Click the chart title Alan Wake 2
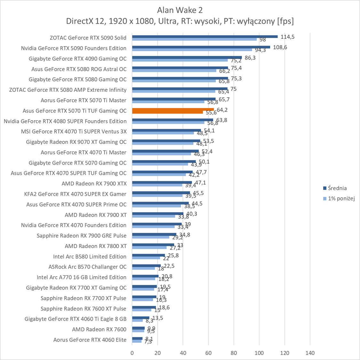pyautogui.click(x=180, y=10)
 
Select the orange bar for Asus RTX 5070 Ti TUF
pyautogui.click(x=173, y=110)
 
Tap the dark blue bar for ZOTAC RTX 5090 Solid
pyautogui.click(x=205, y=36)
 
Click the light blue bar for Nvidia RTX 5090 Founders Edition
pyautogui.click(x=192, y=50)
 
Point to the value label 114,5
pyautogui.click(x=287, y=37)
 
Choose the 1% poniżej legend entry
pyautogui.click(x=341, y=199)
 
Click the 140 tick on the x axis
pyautogui.click(x=310, y=353)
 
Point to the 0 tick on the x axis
pyautogui.click(x=132, y=353)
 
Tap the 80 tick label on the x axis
pyautogui.click(x=234, y=353)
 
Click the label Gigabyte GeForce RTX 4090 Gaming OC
pyautogui.click(x=77, y=59)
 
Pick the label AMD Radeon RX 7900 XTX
pyautogui.click(x=94, y=184)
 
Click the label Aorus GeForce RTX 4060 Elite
pyautogui.click(x=90, y=340)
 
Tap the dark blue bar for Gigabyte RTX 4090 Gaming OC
pyautogui.click(x=187, y=57)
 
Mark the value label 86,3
pyautogui.click(x=250, y=58)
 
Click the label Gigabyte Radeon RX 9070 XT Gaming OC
pyautogui.click(x=76, y=142)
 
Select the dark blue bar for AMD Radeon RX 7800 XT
pyautogui.click(x=153, y=245)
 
